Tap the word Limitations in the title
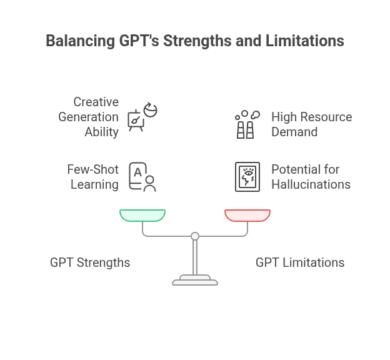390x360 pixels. (306, 41)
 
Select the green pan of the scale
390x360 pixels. (142, 216)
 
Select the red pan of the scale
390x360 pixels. (247, 216)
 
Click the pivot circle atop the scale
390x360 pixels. (195, 236)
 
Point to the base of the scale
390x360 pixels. (195, 281)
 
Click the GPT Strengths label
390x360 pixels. (90, 262)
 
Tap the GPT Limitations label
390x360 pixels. (300, 262)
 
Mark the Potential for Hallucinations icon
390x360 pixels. (247, 177)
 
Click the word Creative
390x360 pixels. (96, 102)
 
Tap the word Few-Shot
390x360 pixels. (92, 169)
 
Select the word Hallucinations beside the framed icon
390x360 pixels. (311, 184)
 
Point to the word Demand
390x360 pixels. (294, 132)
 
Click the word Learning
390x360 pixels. (94, 184)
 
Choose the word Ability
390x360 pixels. (102, 132)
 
